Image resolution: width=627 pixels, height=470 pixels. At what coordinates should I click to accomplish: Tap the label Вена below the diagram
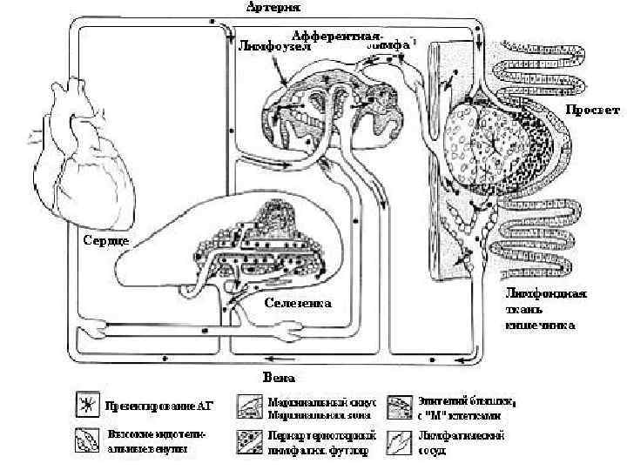click(x=279, y=378)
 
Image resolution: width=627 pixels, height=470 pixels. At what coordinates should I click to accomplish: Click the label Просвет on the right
click(x=592, y=111)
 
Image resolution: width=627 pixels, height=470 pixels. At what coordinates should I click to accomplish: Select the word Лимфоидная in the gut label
click(x=546, y=293)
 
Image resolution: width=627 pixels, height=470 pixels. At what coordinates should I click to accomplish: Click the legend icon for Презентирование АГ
click(x=85, y=406)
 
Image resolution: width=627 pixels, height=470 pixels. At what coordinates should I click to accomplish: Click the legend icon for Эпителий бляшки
click(x=401, y=406)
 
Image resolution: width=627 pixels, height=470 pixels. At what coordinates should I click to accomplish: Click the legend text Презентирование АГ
click(x=158, y=406)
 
